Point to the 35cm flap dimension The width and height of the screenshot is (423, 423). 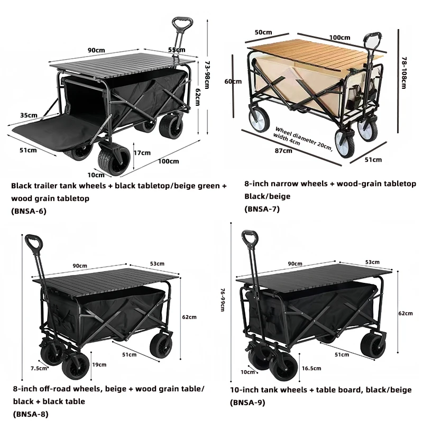(x=29, y=115)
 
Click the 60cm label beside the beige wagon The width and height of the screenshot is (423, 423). (x=233, y=81)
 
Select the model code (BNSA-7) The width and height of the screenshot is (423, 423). (x=262, y=209)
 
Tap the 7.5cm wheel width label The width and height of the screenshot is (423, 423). (x=39, y=368)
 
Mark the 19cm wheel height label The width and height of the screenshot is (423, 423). (x=99, y=364)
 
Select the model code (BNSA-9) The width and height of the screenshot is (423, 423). (x=247, y=402)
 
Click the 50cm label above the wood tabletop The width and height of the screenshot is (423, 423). (x=260, y=33)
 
